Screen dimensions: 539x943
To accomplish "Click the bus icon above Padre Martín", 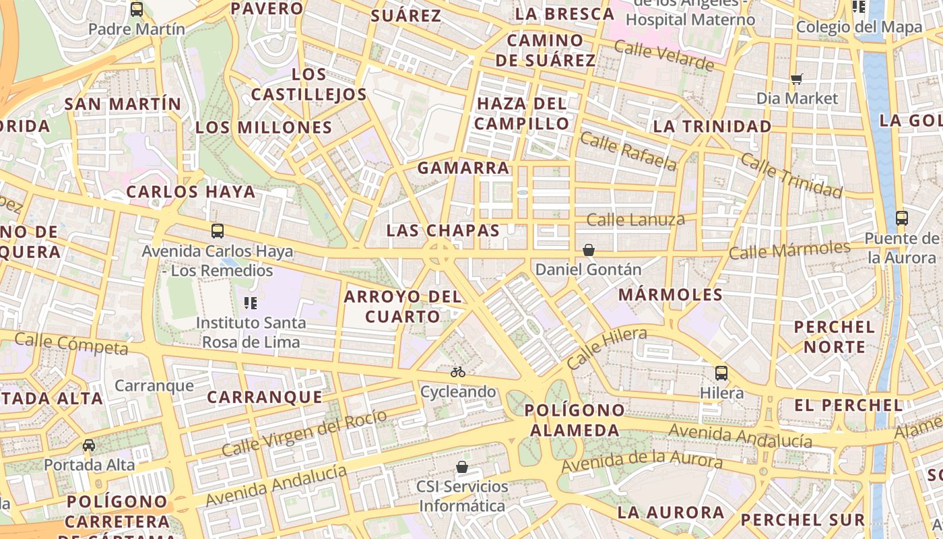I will click(137, 9).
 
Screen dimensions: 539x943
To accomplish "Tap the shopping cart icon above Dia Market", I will click(797, 79).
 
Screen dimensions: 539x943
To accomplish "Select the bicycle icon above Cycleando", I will click(458, 372).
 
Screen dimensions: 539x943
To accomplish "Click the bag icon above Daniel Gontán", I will click(589, 250).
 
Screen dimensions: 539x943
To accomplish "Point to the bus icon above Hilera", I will click(721, 373).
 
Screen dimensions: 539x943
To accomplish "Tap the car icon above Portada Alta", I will click(89, 445).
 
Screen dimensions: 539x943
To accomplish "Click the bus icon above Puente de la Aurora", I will click(902, 218).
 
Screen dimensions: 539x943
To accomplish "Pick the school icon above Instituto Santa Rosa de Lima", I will click(251, 303).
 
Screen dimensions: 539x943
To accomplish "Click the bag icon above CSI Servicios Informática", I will click(462, 466).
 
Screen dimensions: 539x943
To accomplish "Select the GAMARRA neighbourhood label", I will click(463, 168).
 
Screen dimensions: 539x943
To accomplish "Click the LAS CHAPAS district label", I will click(443, 230).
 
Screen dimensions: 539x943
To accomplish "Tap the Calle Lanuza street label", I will click(635, 220).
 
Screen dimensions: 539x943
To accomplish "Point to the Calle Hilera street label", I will click(606, 347).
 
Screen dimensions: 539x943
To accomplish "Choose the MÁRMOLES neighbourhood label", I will click(670, 294).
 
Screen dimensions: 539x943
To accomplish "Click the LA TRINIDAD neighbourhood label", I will click(712, 126).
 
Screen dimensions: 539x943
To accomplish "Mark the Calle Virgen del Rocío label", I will click(304, 432).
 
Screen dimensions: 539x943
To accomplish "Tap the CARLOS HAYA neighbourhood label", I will click(191, 192).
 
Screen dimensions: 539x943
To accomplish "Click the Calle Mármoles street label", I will click(789, 251).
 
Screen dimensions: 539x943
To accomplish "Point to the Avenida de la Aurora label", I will click(641, 462).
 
